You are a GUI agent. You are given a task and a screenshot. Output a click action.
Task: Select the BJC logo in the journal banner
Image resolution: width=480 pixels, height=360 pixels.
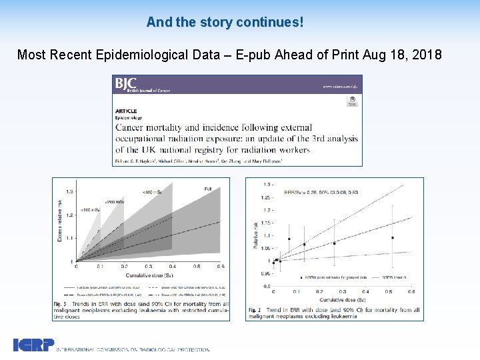(x=125, y=84)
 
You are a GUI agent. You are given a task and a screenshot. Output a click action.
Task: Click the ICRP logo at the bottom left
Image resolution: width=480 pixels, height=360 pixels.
(x=33, y=345)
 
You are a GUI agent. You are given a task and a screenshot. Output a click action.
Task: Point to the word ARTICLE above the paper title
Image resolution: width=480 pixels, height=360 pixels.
(x=126, y=111)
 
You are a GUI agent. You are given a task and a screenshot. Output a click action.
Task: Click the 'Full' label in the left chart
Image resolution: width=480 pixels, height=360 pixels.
(x=208, y=189)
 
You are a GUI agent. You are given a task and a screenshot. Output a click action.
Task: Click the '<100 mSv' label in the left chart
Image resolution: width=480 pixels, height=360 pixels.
(x=90, y=210)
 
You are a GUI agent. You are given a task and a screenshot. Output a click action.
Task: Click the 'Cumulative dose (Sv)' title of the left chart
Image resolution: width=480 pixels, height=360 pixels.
(x=148, y=274)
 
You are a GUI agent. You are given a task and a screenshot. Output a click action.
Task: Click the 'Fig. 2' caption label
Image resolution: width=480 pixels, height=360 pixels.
(x=254, y=310)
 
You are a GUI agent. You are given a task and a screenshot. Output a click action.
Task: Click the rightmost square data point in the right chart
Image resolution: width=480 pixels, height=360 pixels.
(x=393, y=237)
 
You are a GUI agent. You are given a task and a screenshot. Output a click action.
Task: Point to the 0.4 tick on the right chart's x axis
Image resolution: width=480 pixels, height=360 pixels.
(x=365, y=291)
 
